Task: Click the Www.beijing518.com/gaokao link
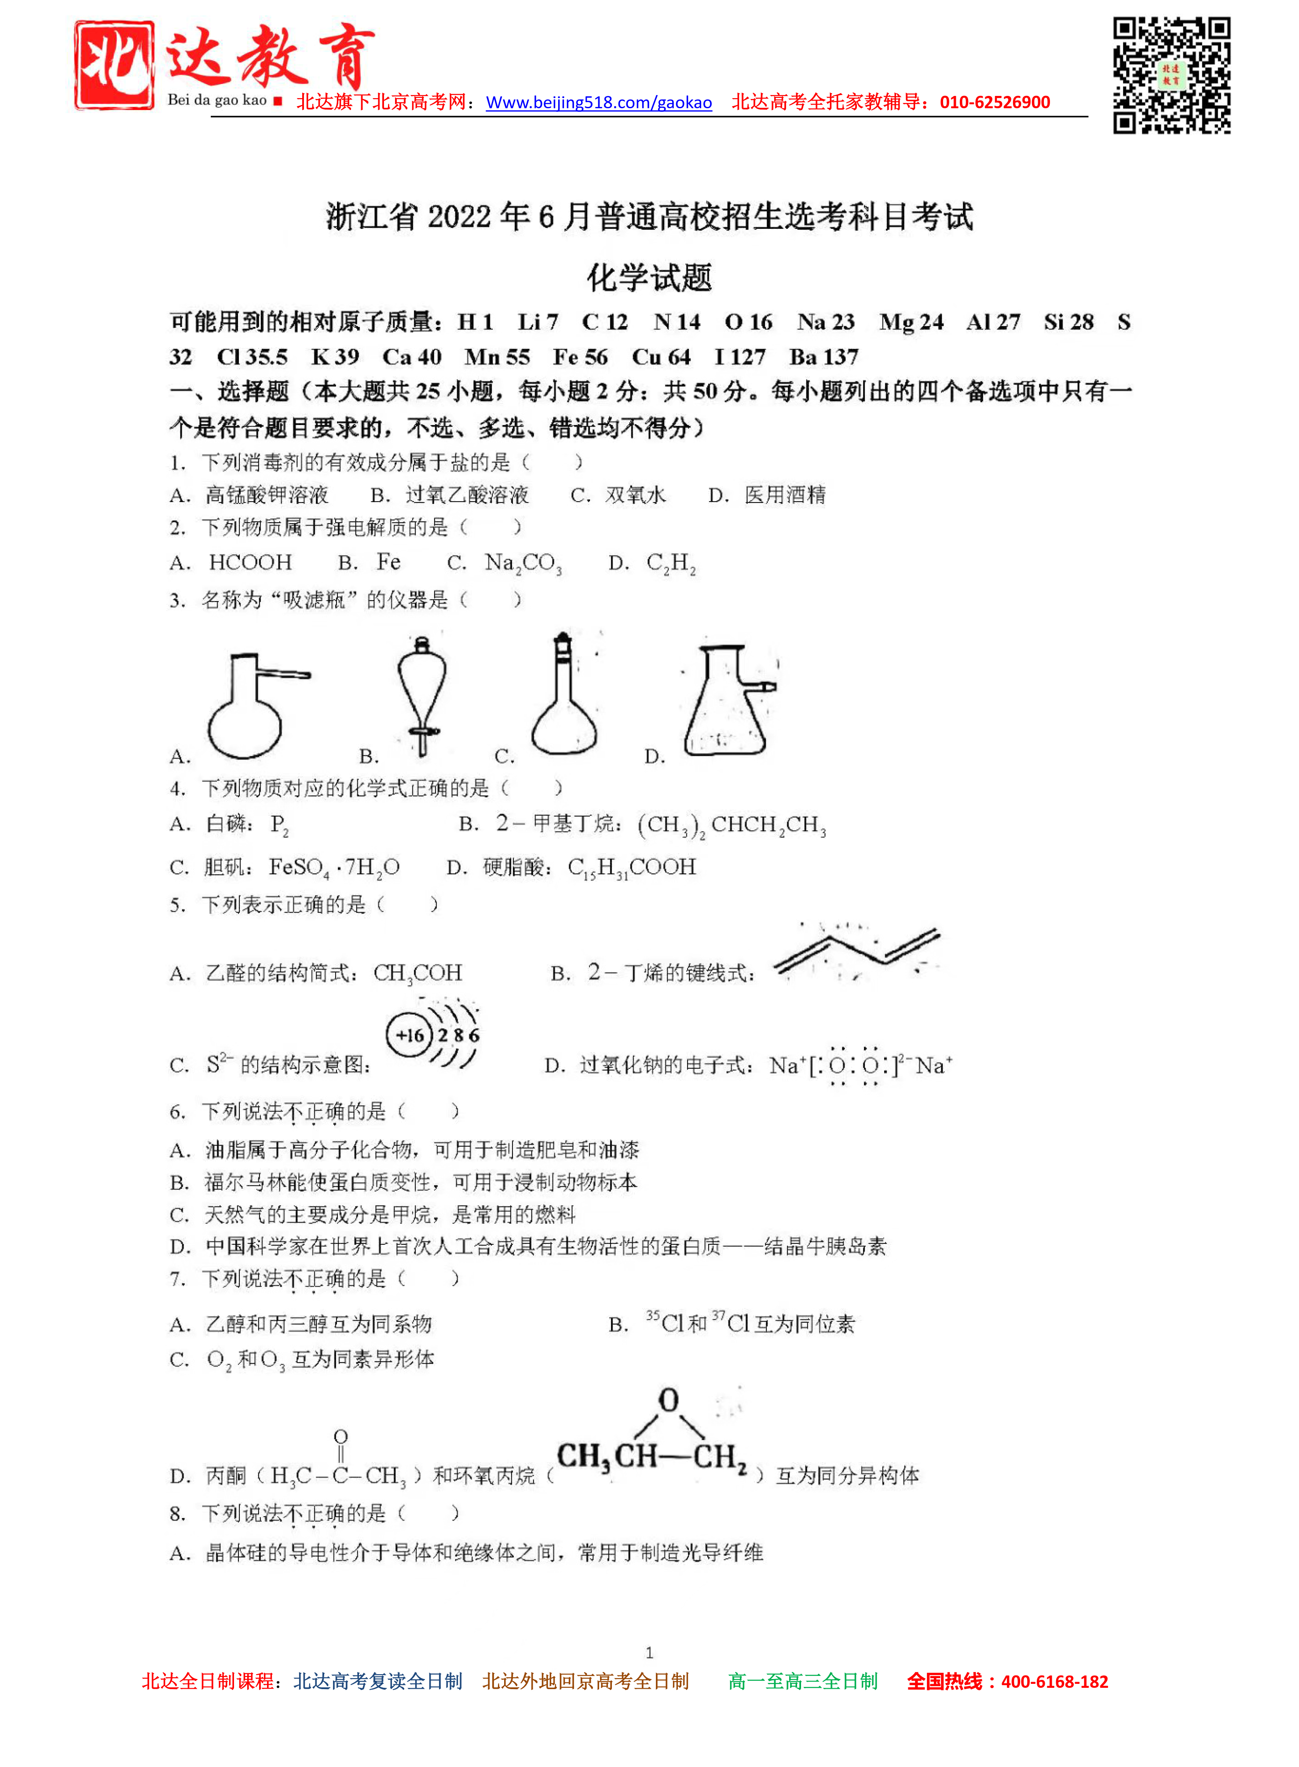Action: click(x=598, y=102)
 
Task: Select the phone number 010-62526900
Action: click(x=995, y=102)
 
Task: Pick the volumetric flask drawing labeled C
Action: click(x=564, y=696)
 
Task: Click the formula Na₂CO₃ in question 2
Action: click(x=523, y=563)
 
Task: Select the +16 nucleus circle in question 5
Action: click(x=409, y=1035)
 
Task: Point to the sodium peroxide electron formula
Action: click(x=860, y=1066)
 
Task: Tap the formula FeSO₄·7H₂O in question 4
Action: click(x=334, y=867)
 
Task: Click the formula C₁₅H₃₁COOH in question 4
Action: click(x=631, y=867)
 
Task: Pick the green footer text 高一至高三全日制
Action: click(x=803, y=1681)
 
